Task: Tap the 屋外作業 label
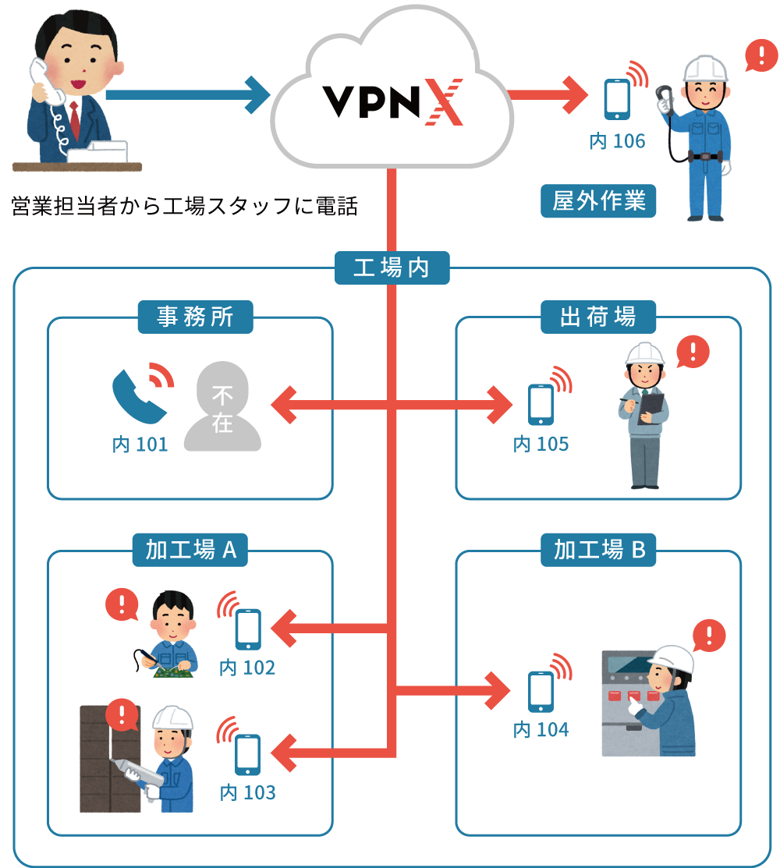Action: [599, 202]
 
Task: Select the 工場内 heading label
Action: [392, 269]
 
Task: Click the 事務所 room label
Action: [195, 317]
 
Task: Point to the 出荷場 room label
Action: [598, 317]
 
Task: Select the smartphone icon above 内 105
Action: [541, 405]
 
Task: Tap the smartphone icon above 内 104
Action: [541, 692]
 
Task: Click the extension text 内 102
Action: [247, 668]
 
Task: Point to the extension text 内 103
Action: [247, 793]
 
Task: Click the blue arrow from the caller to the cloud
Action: [187, 95]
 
